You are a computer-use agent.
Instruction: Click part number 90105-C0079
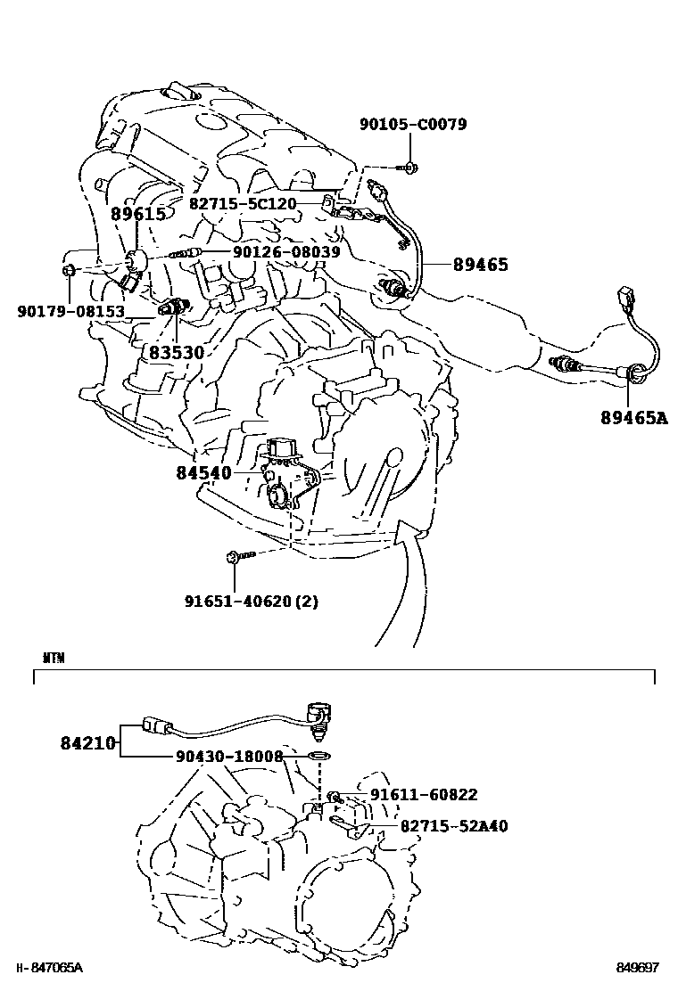point(412,125)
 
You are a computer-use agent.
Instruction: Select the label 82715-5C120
point(243,203)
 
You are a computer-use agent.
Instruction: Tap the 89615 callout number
point(138,214)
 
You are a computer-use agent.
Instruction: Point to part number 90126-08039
point(286,252)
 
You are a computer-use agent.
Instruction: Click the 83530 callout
point(177,353)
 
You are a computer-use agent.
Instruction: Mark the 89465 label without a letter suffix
point(480,264)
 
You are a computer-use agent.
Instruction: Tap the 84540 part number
point(203,472)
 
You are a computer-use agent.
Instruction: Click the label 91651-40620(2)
point(252,601)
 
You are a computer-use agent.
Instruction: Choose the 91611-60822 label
point(424,794)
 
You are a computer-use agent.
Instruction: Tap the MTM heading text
point(53,659)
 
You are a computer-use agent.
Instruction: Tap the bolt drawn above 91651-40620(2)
point(237,557)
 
